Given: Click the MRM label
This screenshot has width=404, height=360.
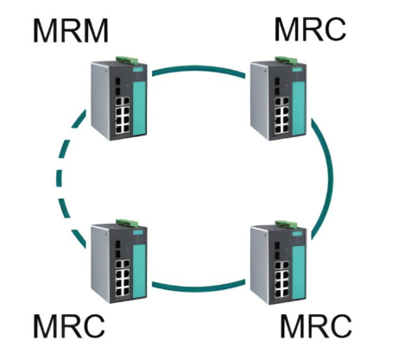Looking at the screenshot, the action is (x=71, y=30).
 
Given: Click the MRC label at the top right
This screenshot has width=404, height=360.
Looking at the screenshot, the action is (x=310, y=29).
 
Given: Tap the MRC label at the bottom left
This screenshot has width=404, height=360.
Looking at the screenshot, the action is (x=69, y=326).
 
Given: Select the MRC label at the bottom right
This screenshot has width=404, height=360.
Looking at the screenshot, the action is (x=316, y=326).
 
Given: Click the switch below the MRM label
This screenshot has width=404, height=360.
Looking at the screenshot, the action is (x=119, y=98).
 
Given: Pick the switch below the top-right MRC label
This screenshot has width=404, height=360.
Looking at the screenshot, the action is (x=278, y=98).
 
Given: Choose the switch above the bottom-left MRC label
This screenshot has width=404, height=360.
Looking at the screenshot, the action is (x=119, y=262).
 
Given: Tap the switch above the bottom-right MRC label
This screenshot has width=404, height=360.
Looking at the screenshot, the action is (x=278, y=262).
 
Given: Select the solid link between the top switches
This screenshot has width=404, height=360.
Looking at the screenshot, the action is (x=199, y=68).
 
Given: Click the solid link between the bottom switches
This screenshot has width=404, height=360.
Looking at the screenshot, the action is (x=199, y=288).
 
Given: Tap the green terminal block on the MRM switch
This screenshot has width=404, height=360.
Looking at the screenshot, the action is (x=128, y=60).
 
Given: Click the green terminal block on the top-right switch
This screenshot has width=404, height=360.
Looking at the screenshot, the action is (x=287, y=60).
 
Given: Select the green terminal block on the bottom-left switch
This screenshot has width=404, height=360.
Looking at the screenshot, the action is (x=128, y=223).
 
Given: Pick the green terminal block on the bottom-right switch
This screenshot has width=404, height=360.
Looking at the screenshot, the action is (x=287, y=224).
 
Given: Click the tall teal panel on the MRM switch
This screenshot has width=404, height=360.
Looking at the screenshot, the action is (x=139, y=108).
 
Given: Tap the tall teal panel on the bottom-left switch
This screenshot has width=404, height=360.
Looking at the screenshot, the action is (x=139, y=271).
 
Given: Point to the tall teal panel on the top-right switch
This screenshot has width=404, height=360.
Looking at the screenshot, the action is (x=299, y=108).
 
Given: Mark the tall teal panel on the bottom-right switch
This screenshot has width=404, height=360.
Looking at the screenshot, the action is (x=299, y=272).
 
